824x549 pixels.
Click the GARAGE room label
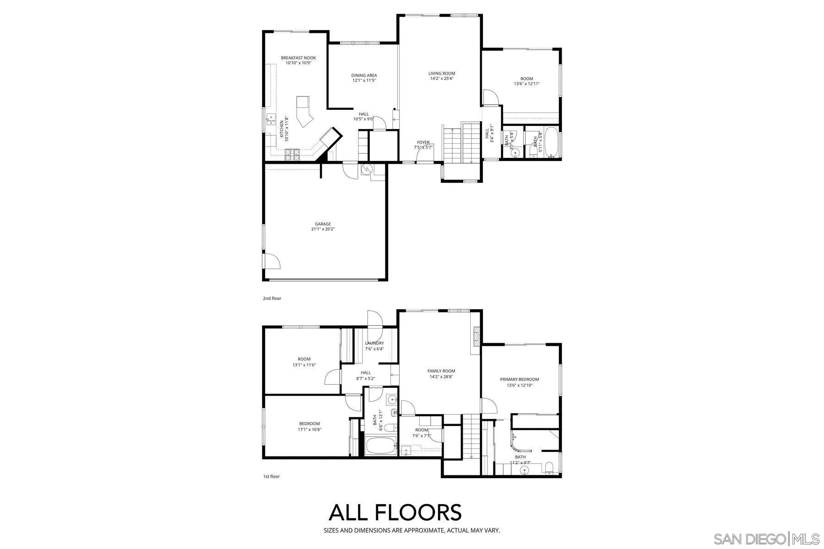pos(323,224)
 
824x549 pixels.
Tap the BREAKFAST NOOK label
pos(298,58)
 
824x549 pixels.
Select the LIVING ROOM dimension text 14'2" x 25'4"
pos(442,78)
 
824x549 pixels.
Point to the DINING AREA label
pos(364,75)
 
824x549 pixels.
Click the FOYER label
pos(423,142)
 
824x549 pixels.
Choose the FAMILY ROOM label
pos(441,371)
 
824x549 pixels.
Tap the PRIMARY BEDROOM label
pos(519,379)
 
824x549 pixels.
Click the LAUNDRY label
pos(374,343)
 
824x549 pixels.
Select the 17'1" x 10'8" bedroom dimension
pos(310,430)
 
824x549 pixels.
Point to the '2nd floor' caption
pos(272,298)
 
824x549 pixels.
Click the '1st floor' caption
pos(271,476)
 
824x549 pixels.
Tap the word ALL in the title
pos(348,512)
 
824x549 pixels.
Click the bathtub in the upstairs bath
pos(552,143)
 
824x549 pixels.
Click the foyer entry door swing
pos(424,155)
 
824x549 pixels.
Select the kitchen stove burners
pos(292,155)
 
